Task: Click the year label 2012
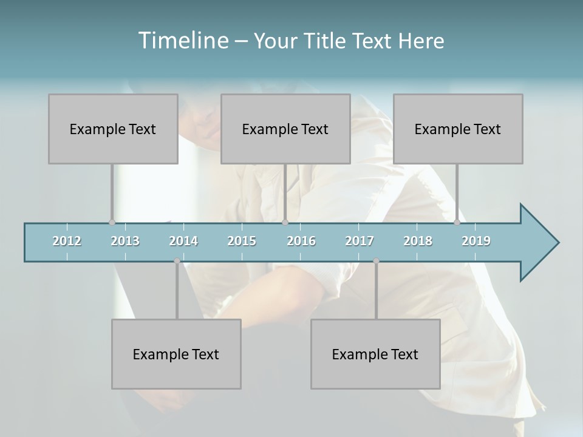tap(67, 241)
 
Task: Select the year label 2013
tap(125, 241)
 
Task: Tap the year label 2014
tap(183, 241)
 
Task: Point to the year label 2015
tap(242, 241)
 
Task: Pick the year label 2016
tap(301, 241)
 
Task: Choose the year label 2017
tap(360, 241)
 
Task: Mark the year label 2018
tap(418, 241)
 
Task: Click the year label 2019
tap(476, 241)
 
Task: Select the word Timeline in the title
tap(183, 41)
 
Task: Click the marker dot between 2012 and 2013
tap(112, 223)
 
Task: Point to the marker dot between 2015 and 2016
tap(285, 223)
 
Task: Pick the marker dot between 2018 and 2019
tap(457, 223)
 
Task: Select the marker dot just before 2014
tap(177, 261)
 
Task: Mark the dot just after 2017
tap(376, 261)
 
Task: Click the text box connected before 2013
tap(113, 129)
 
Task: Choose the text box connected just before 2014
tap(176, 354)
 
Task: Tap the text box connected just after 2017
tap(375, 354)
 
